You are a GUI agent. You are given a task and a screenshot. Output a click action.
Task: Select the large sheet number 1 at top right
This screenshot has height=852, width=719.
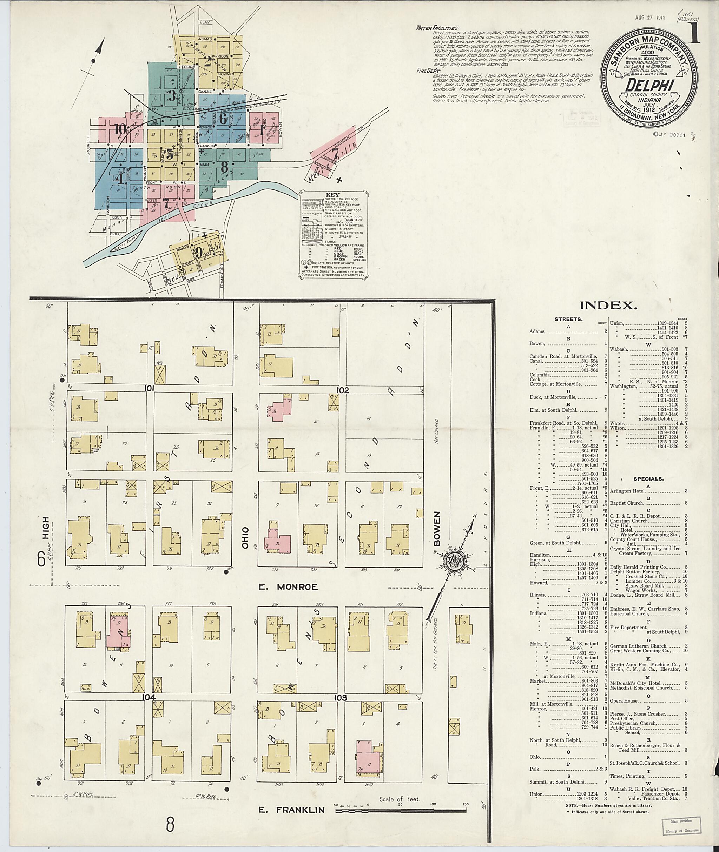tap(694, 33)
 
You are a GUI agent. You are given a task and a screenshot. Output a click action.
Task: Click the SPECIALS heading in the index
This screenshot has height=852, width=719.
tap(648, 479)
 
